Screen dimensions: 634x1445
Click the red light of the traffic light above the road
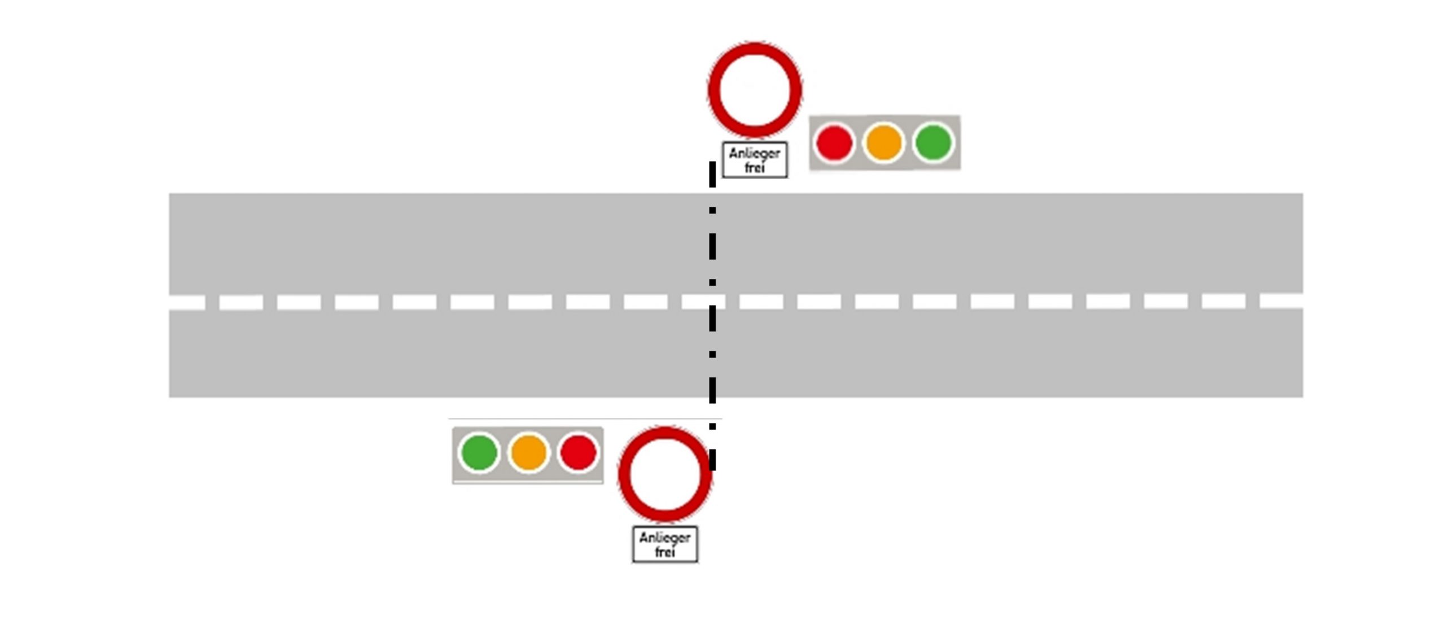pos(834,143)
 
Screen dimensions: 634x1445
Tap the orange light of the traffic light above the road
pos(883,143)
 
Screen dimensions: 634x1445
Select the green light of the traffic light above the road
pos(933,143)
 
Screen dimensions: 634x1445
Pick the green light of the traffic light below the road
pos(479,452)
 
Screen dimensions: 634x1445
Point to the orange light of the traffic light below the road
pos(528,452)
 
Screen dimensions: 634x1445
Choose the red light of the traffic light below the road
pos(577,452)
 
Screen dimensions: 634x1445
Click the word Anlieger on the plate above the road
pos(755,153)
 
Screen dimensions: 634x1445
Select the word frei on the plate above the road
pos(755,168)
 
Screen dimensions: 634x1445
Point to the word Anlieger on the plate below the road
pos(665,537)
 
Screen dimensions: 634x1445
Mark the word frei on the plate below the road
pos(665,552)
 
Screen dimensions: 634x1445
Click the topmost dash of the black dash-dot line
pos(712,174)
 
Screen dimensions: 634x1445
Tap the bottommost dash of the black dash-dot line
pos(712,460)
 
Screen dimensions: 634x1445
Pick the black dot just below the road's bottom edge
pos(712,426)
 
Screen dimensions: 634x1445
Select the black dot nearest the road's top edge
pos(712,211)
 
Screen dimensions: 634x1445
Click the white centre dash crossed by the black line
pos(703,301)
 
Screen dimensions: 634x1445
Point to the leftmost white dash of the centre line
pos(187,303)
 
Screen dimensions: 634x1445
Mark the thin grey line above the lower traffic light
pos(584,419)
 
